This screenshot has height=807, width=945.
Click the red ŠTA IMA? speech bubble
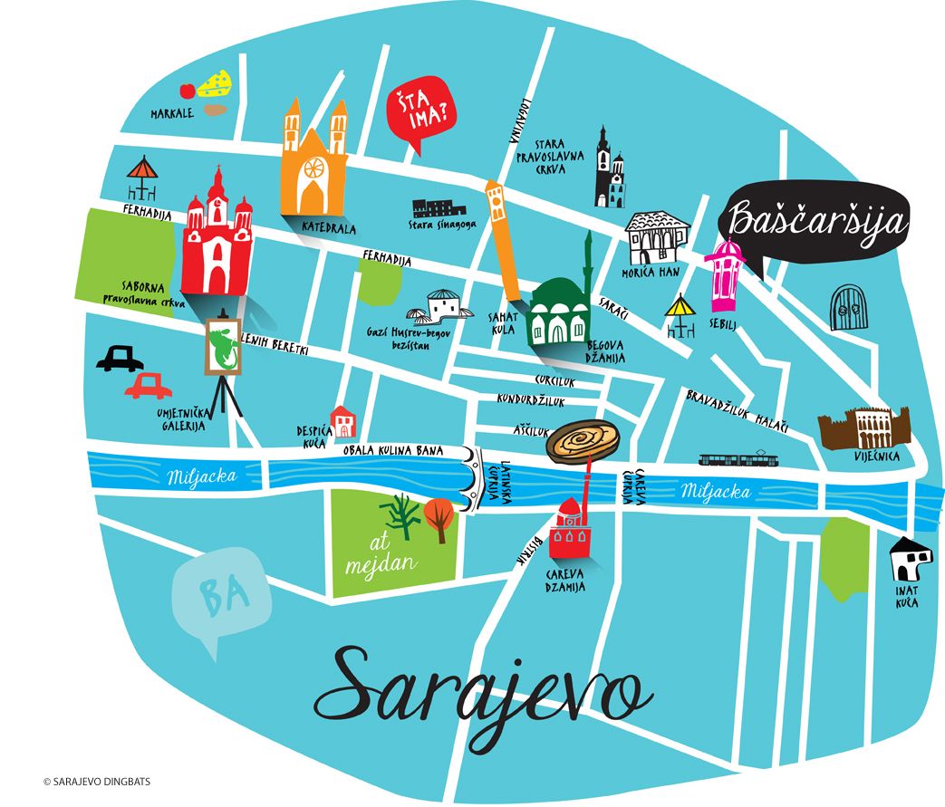[x=420, y=110]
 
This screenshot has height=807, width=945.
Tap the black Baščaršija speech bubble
[x=815, y=223]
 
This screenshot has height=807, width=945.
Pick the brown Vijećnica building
[x=863, y=428]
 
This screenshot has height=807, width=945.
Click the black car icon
[x=120, y=359]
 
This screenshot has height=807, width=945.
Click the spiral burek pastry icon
[x=583, y=441]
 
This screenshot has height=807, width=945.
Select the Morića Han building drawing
[x=659, y=238]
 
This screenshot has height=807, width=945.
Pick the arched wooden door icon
[x=852, y=308]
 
